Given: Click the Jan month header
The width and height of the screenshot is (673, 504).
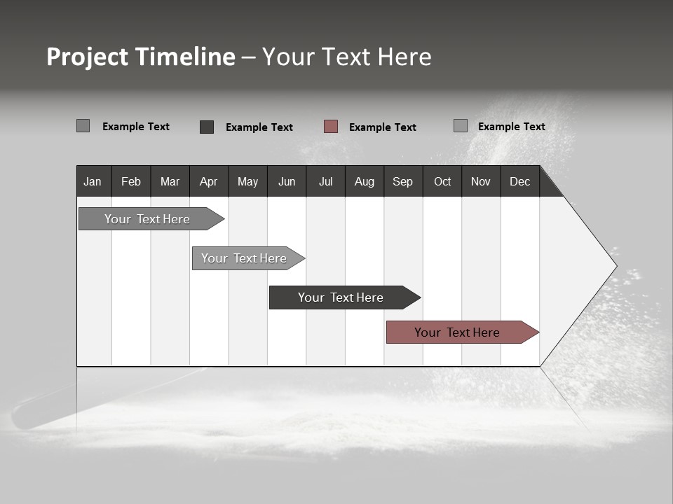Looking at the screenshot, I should [93, 181].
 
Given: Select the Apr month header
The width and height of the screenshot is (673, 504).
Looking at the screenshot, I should [209, 181].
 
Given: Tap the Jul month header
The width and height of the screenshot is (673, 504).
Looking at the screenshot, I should [325, 181].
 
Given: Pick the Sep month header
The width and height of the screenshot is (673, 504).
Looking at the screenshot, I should [402, 181].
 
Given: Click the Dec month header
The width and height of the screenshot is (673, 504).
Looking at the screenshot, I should [519, 181].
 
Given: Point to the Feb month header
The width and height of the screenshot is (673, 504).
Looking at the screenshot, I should [131, 181].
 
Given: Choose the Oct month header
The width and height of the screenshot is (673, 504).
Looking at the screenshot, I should [442, 181].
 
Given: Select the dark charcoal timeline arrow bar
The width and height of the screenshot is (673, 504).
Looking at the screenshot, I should [341, 297].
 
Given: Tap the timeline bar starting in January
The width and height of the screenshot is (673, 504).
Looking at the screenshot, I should [148, 219].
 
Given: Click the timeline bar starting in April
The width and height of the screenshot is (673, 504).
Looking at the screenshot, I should [245, 258].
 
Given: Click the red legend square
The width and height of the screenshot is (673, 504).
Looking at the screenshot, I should [331, 127].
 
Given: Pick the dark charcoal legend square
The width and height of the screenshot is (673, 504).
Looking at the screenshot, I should [207, 127].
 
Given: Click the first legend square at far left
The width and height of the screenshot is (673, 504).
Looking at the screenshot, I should [83, 126].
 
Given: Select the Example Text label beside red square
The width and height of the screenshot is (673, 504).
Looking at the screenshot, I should [383, 127].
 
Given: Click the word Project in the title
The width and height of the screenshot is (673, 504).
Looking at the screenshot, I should [88, 57].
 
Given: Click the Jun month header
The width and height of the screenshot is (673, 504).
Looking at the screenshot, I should [287, 181].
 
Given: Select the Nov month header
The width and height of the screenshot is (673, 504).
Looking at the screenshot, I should [481, 181].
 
